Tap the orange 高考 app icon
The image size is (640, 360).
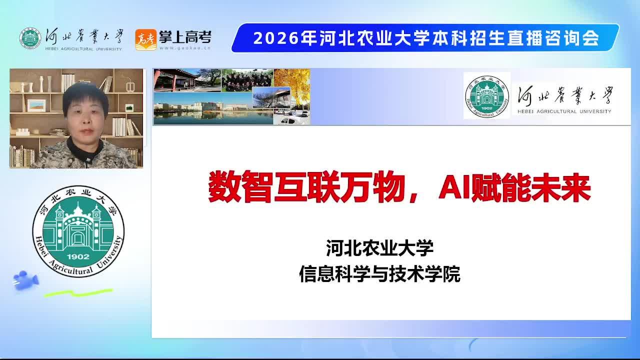click(145, 39)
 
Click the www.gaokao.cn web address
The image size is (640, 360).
click(185, 48)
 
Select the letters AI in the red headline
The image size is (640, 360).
click(454, 187)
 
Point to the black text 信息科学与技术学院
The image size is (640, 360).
click(379, 274)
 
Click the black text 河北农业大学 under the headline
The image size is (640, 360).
click(379, 248)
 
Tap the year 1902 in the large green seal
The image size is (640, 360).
click(78, 256)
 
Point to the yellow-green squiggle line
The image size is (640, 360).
click(78, 293)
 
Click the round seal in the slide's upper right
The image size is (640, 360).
click(487, 96)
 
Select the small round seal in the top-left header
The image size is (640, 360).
click(30, 38)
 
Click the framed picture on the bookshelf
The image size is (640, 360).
click(36, 105)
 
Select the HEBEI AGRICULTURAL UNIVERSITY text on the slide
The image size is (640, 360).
click(564, 111)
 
